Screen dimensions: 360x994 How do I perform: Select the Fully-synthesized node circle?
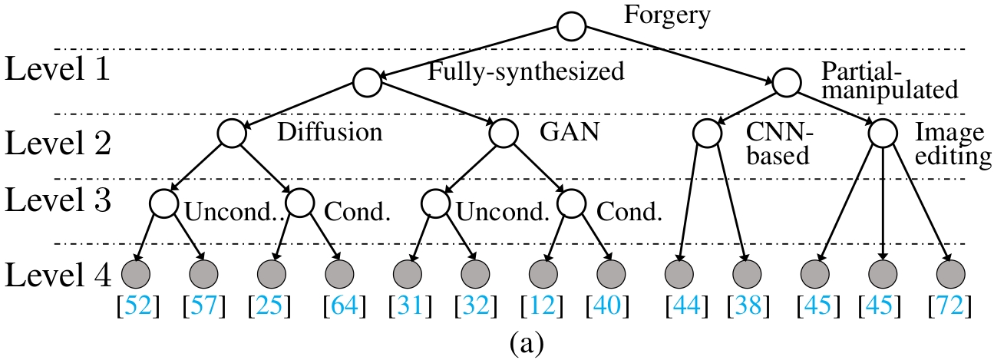[x=366, y=81]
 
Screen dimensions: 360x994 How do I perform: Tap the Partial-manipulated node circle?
[x=788, y=81]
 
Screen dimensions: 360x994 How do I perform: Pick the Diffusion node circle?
[x=231, y=134]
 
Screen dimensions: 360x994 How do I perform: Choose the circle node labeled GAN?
[x=504, y=134]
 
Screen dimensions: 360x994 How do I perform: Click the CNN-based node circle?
[x=707, y=134]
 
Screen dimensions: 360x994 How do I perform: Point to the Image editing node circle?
[x=883, y=134]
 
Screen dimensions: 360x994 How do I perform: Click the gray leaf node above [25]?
[x=272, y=272]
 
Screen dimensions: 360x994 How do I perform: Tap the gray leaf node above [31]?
[x=408, y=272]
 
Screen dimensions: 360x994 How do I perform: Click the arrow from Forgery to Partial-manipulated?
[x=679, y=54]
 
